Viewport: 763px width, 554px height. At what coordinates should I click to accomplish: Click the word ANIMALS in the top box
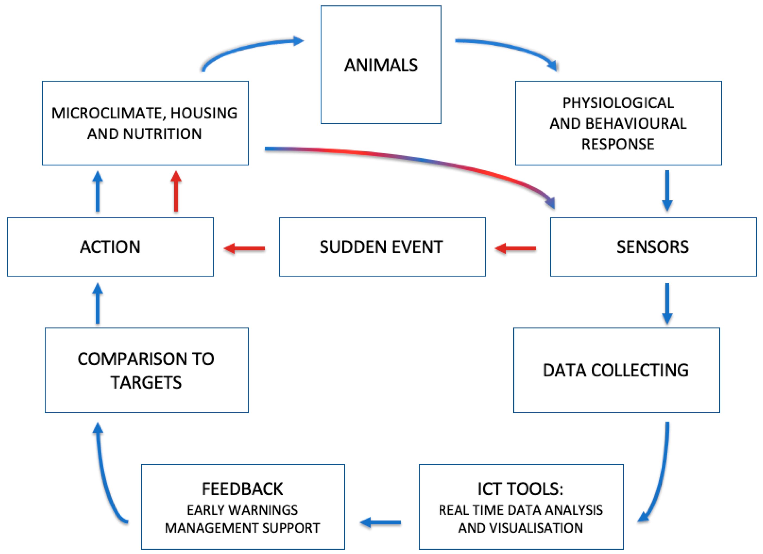(x=381, y=65)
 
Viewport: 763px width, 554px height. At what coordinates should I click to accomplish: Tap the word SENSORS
(x=652, y=247)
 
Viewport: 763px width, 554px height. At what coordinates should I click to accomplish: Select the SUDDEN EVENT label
(x=381, y=247)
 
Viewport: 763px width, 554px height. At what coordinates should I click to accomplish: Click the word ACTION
(x=110, y=247)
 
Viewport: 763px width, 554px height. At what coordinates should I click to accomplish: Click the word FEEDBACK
(x=242, y=489)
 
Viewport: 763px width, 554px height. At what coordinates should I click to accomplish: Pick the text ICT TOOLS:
(x=520, y=489)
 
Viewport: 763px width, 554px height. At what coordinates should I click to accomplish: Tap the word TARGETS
(x=146, y=383)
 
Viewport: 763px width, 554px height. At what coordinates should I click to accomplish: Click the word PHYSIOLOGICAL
(x=618, y=103)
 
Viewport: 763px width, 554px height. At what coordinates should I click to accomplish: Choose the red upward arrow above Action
(x=176, y=192)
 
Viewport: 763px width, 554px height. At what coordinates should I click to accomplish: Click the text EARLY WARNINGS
(x=242, y=510)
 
